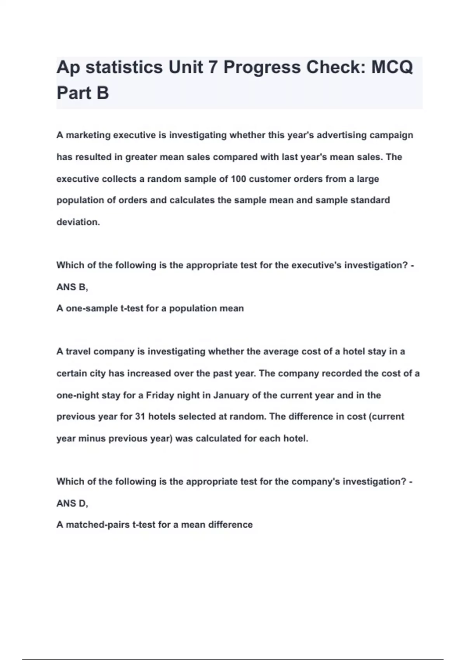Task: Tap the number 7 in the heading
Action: [x=212, y=67]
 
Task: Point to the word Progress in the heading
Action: [x=262, y=67]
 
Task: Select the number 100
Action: [x=238, y=179]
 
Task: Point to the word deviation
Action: [x=78, y=222]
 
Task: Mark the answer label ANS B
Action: [x=72, y=287]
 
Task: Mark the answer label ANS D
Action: [x=72, y=503]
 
